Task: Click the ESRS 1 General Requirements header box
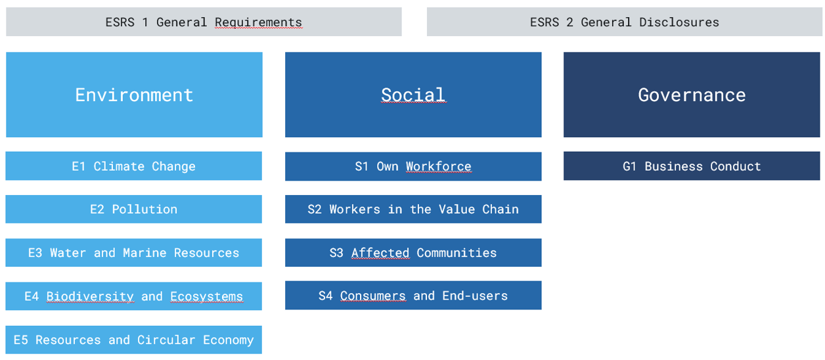204,22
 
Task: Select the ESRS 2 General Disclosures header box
624,22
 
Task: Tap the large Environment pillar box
134,95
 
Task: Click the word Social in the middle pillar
413,95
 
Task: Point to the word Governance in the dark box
692,95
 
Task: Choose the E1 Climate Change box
134,166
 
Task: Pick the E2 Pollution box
134,209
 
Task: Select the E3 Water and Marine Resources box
134,252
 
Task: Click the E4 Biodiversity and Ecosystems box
134,296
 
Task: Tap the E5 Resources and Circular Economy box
134,340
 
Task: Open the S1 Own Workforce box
413,166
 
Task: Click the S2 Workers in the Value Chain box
413,209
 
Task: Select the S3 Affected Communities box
413,252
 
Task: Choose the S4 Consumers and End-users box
413,295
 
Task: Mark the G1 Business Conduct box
692,166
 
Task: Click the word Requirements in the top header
259,22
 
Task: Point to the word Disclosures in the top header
679,22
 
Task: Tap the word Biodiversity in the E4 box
90,296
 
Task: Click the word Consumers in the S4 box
372,296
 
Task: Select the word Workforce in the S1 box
439,166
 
